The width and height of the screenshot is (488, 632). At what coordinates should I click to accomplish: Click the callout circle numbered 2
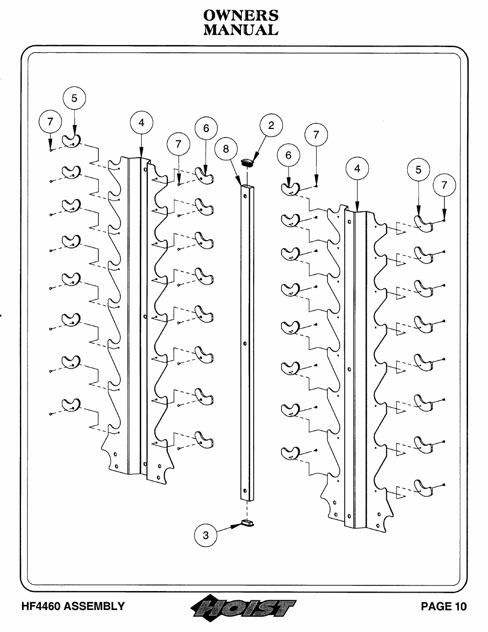pos(271,126)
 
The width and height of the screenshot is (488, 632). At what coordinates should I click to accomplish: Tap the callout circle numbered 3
pos(206,535)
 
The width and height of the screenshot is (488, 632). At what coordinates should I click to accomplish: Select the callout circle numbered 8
pos(226,149)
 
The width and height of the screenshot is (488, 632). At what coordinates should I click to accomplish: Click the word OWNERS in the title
pos(240,15)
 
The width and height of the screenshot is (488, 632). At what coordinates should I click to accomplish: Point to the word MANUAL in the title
pos(240,30)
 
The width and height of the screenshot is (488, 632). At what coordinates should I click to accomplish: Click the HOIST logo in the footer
pos(242,607)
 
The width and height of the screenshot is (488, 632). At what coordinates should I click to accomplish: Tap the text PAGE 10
pos(443,606)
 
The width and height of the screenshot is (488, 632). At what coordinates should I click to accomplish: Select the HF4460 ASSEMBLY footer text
pos(73,606)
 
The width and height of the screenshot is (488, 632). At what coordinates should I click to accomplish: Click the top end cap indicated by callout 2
pos(248,163)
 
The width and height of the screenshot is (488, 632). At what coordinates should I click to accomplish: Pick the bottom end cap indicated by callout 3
pos(248,522)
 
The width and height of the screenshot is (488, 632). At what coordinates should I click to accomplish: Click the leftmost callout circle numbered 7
pos(50,122)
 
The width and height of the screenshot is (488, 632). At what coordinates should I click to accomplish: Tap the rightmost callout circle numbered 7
pos(444,186)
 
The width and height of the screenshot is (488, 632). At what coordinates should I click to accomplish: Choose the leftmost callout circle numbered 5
pos(75,99)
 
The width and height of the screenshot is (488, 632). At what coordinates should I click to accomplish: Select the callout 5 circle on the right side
pos(418,170)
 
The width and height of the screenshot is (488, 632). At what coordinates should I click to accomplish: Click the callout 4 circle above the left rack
pos(141,123)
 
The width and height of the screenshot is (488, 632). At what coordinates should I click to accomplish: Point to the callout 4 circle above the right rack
pos(357,169)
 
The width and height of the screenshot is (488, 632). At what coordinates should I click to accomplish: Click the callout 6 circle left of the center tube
pos(206,128)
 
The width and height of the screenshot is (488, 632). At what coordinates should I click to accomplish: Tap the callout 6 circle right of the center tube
pos(288,155)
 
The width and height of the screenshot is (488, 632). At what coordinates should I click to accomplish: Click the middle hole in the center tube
pos(245,343)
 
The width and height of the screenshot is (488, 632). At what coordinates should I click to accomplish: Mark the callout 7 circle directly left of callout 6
pos(178,144)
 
